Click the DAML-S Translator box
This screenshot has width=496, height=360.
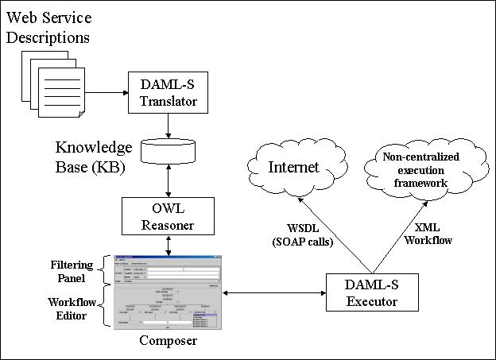click(168, 93)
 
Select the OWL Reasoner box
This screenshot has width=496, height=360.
click(168, 217)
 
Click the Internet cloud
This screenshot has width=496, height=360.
click(293, 168)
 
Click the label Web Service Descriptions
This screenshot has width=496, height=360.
click(48, 28)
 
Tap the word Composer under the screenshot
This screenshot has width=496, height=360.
click(168, 342)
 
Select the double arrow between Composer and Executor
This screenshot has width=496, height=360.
click(275, 293)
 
